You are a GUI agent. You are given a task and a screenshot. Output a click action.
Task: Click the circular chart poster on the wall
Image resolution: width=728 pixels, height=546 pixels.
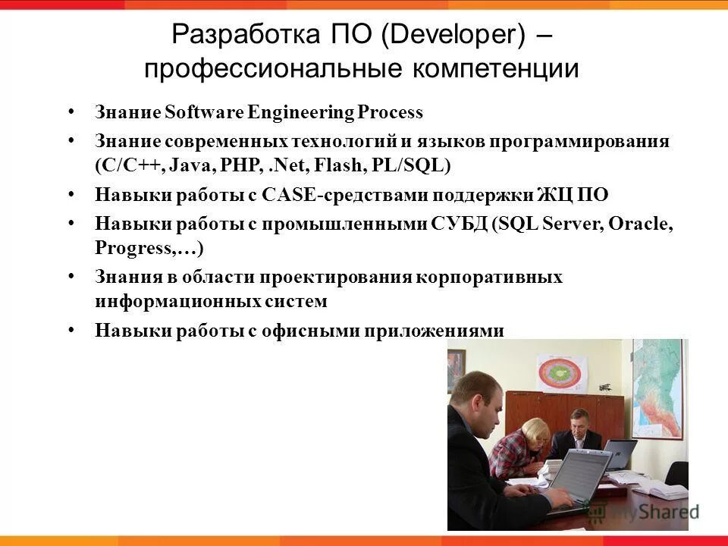563,375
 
